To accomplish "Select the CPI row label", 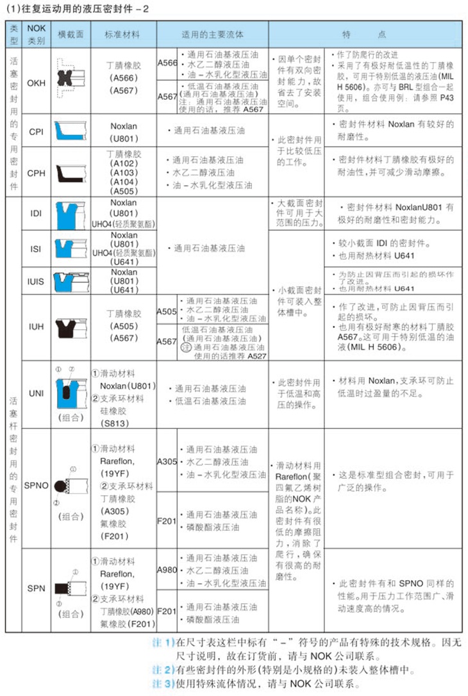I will pos(37,131).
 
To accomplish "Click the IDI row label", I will pos(37,213).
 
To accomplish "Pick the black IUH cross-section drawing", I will pos(67,327).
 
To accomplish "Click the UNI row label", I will pos(37,393).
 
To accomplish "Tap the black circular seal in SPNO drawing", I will pos(60,487).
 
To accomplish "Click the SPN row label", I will pos(37,588).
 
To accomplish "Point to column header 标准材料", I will pos(122,34).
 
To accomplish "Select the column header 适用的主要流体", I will pos(212,34).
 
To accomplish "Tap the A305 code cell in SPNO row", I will pos(167,461).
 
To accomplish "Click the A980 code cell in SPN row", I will pos(167,569).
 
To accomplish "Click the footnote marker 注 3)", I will pos(163,684).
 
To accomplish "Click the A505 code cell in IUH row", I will pos(167,312).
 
